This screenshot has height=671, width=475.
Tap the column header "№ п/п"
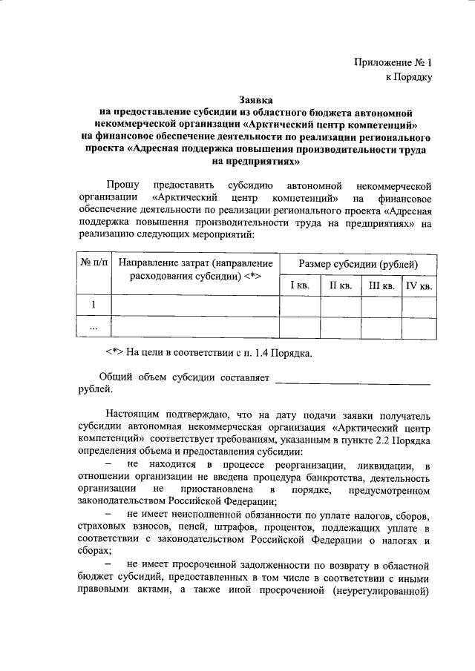click(x=94, y=263)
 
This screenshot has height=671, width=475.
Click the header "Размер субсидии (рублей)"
click(x=358, y=264)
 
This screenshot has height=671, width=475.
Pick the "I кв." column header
click(x=300, y=285)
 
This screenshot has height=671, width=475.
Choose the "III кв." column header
click(x=380, y=285)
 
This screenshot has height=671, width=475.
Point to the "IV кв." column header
click(x=419, y=285)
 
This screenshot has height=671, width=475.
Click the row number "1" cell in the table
click(x=94, y=305)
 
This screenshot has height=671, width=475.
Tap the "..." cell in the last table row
click(x=94, y=326)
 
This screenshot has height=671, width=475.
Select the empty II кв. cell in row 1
click(x=340, y=305)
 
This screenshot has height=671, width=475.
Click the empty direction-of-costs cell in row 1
click(x=195, y=305)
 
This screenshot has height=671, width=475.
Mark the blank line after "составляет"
click(x=353, y=380)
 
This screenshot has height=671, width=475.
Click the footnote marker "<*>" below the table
click(x=114, y=353)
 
